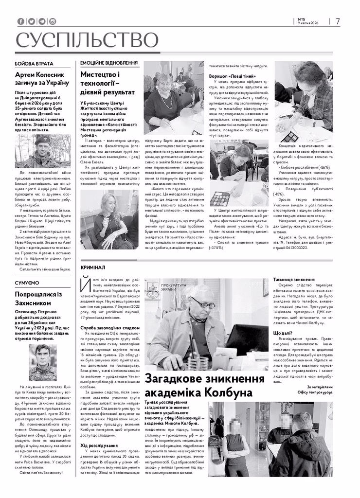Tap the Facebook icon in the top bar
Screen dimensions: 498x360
[x=20, y=21]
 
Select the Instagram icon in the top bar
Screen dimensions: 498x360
[x=53, y=21]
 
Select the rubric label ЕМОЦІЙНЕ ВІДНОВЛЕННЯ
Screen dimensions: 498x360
[x=109, y=63]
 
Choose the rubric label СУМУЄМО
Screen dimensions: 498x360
[x=27, y=283]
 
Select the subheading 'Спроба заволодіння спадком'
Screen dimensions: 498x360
[x=106, y=328]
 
